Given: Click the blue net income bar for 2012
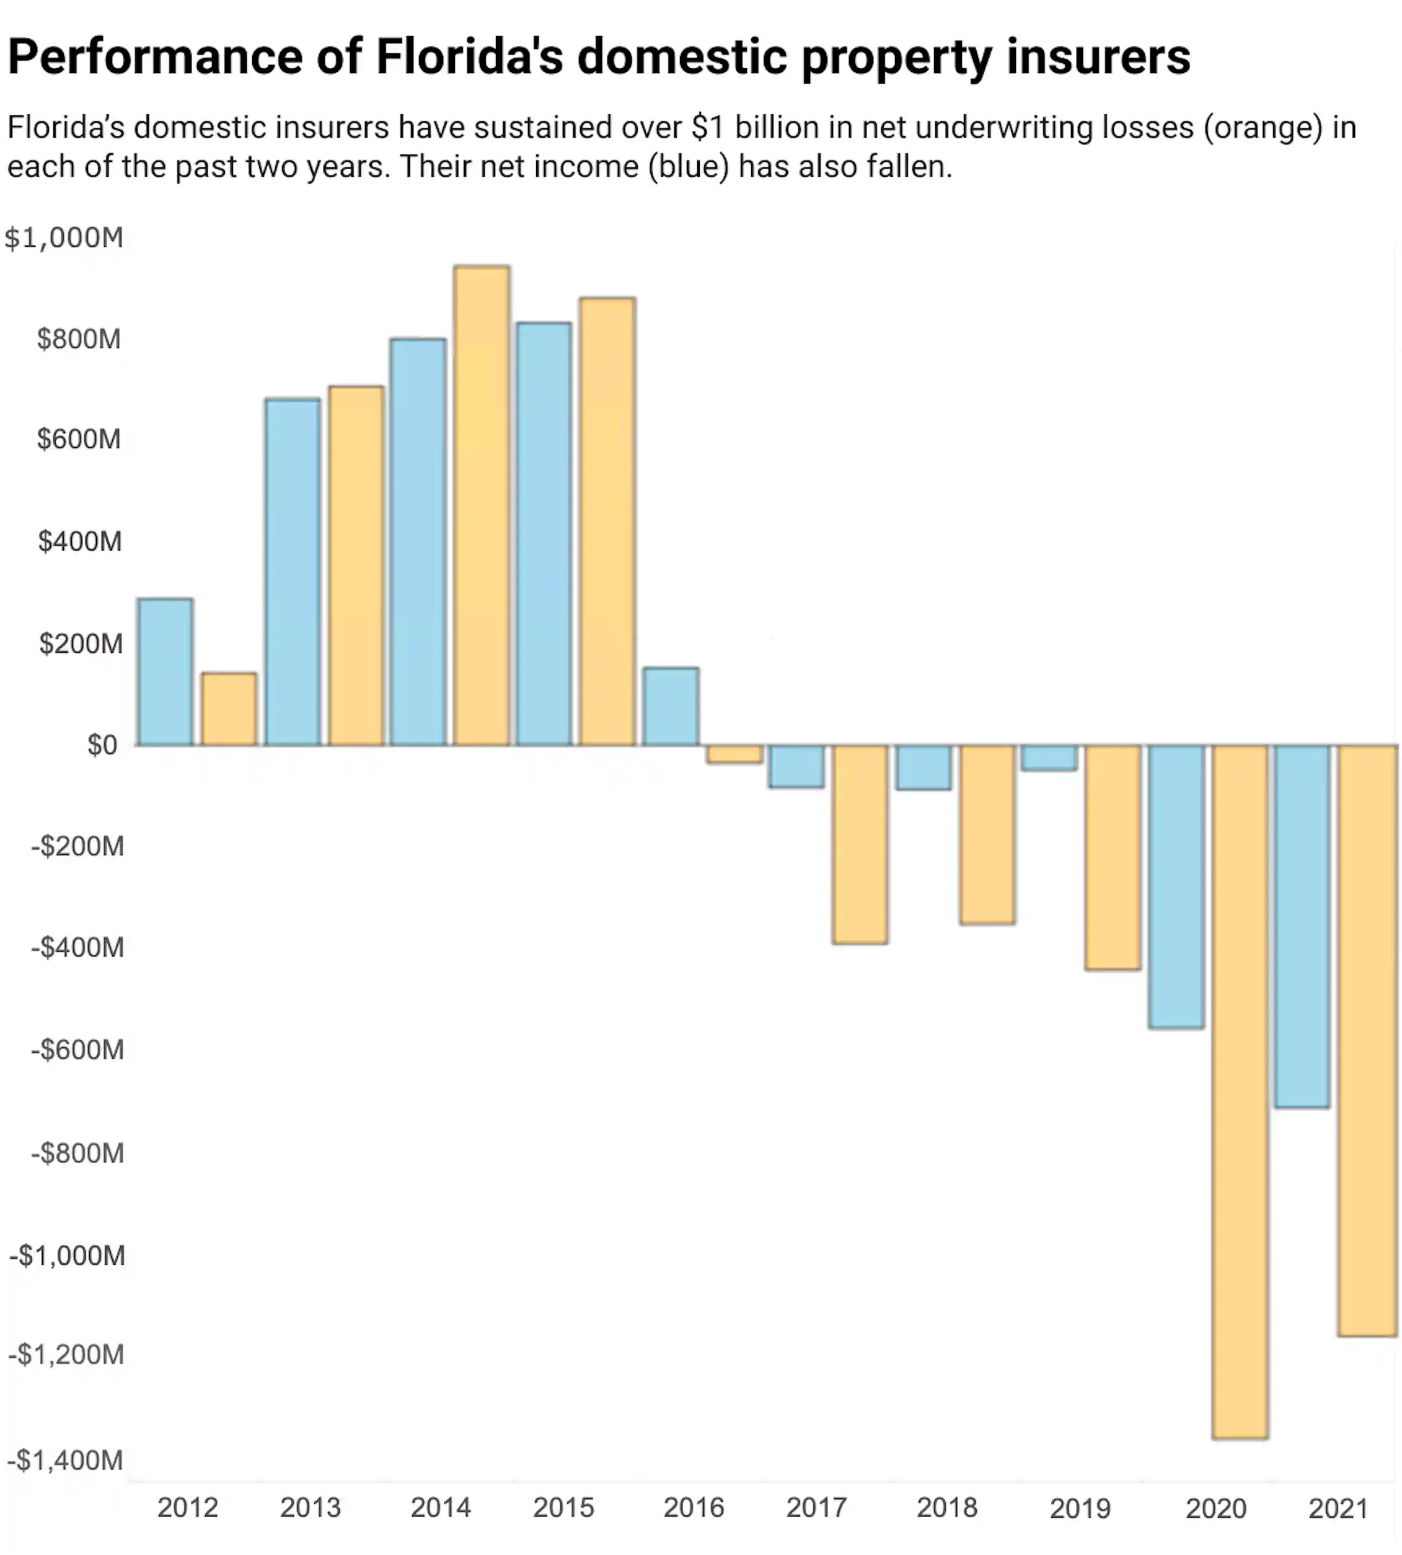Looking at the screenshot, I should pos(165,672).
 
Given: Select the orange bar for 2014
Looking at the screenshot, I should pos(482,505).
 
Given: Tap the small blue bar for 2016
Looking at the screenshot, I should pos(671,707).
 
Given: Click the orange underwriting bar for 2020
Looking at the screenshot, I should pos(1240,1091).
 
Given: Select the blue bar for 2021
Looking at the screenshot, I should pos(1302,926).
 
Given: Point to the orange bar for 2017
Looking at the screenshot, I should pos(860,844).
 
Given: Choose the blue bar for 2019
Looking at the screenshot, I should pos(1049,758).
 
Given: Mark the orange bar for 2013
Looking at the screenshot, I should pos(356,565).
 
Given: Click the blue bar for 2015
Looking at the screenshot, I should pos(544,533).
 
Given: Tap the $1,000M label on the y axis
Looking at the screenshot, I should pos(64,237).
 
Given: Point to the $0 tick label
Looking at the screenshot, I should pos(102,745).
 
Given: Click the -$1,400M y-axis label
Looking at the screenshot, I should pos(66,1460).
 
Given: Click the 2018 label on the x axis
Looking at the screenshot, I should pos(946,1507).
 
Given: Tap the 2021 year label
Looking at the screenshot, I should pos(1338,1508).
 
